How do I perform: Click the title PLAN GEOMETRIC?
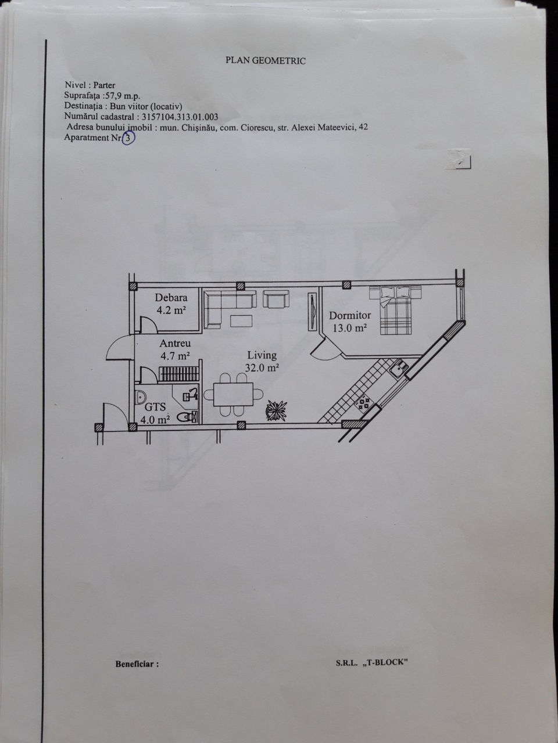click(266, 60)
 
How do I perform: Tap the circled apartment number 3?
click(128, 138)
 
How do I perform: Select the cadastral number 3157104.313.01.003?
click(180, 117)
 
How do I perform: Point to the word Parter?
click(105, 85)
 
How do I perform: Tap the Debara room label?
click(171, 298)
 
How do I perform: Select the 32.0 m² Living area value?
click(262, 367)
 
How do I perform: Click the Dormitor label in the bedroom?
click(350, 315)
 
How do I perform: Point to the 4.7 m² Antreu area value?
click(175, 355)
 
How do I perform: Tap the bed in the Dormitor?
click(396, 310)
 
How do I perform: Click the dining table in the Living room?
click(233, 394)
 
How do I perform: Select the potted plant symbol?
click(277, 410)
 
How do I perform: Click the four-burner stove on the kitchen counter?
click(364, 403)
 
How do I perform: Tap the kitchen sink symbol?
click(398, 368)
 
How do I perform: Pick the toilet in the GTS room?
click(187, 417)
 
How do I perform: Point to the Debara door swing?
click(148, 325)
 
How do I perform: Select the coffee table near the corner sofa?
click(241, 321)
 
